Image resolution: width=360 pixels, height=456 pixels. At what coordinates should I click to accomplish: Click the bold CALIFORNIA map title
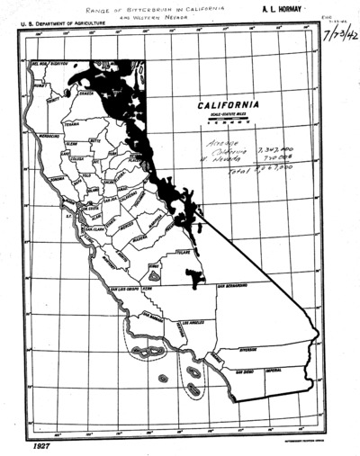click(x=231, y=103)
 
